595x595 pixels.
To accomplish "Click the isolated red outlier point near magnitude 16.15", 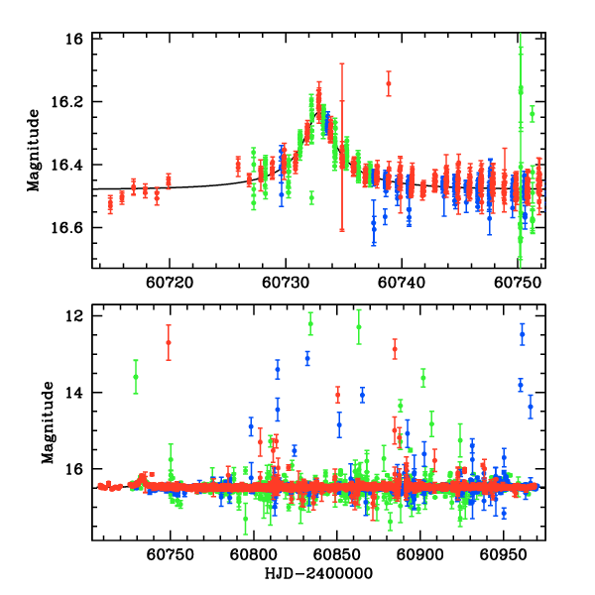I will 388,85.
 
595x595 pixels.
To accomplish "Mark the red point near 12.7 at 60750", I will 169,342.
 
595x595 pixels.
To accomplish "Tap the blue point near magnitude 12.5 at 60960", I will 522,334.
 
